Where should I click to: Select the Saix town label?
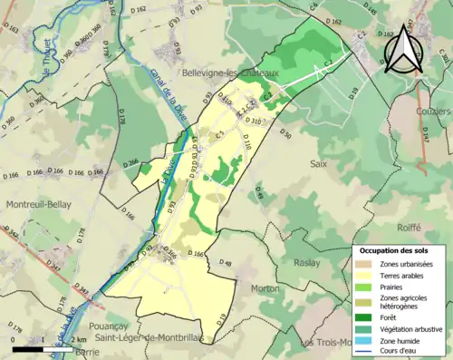[x=318, y=164]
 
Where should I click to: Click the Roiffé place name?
[x=410, y=228]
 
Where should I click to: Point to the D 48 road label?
[x=226, y=264]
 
